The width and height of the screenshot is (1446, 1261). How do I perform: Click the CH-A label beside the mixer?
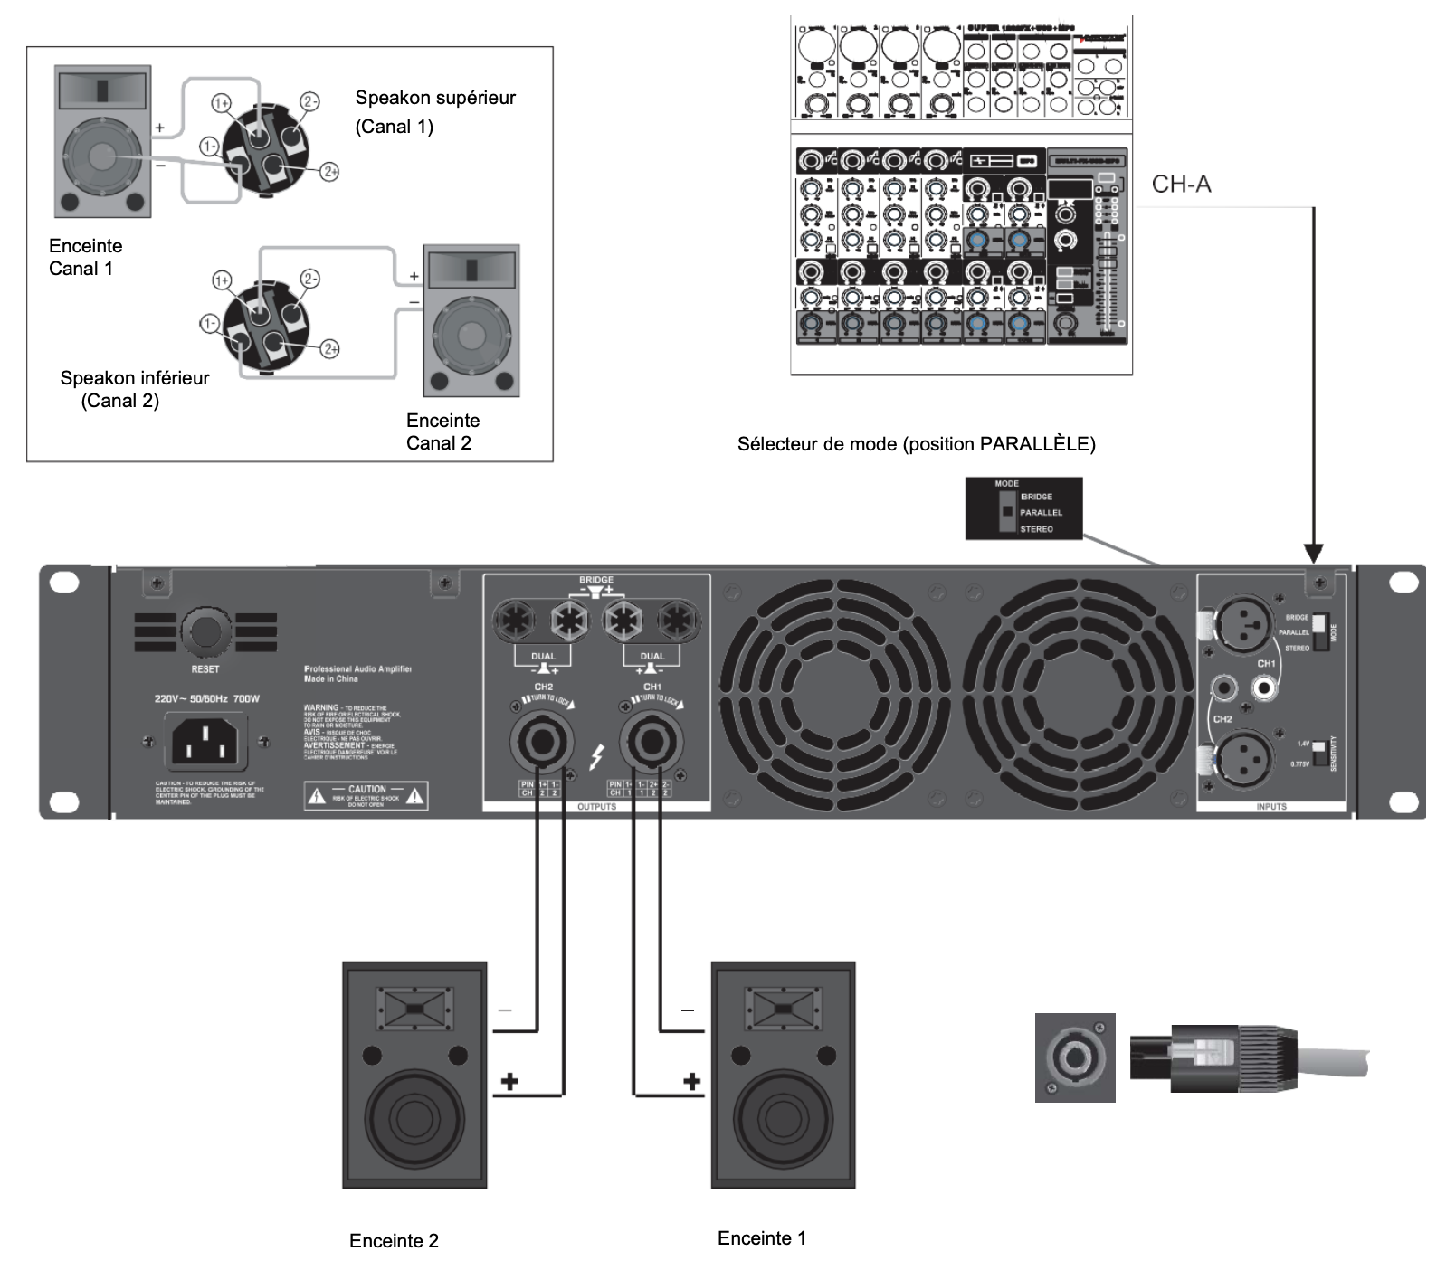tap(1181, 185)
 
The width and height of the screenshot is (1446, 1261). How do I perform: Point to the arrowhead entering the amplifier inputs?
tap(1314, 554)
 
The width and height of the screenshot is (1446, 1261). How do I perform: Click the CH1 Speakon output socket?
tap(650, 742)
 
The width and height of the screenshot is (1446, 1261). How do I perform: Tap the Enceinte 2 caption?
tap(394, 1240)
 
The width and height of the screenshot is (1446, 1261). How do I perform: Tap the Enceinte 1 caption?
tap(761, 1237)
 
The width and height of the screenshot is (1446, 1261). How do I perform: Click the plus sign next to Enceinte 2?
tap(509, 1081)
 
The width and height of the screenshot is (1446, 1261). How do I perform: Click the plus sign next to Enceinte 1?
tap(692, 1081)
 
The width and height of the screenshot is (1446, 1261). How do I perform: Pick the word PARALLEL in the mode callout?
tap(1041, 513)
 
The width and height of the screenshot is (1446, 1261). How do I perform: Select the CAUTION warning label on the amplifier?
tap(366, 795)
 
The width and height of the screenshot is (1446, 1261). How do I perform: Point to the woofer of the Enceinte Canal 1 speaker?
tap(101, 156)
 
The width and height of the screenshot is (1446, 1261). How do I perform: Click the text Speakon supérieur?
tap(435, 98)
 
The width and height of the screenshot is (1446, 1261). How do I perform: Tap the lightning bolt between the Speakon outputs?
tap(596, 756)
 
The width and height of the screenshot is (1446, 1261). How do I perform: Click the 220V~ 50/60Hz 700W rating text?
tap(207, 698)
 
